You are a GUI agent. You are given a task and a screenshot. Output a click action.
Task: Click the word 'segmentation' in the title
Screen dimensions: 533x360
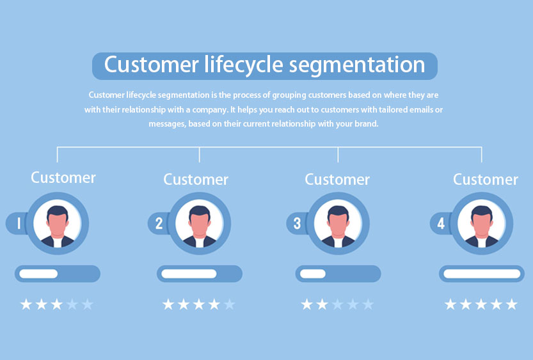[357, 66]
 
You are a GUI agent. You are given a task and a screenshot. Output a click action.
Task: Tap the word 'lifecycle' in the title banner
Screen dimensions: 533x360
[243, 65]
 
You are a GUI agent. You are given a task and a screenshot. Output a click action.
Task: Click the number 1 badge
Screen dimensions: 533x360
[19, 223]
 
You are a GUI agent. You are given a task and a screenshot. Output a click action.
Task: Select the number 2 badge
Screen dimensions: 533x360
[159, 223]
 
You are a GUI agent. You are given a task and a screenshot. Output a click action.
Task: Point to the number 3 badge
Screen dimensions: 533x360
[297, 223]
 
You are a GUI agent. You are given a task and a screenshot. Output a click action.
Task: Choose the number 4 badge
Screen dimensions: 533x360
[441, 223]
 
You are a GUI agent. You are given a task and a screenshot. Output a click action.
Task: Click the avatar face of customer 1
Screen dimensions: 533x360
[58, 223]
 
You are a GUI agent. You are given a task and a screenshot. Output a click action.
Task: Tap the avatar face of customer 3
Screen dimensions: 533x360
[338, 223]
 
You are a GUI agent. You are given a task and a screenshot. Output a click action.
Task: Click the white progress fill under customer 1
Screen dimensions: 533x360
[38, 274]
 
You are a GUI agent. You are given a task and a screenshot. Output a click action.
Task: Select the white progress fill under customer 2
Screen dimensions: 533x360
[189, 274]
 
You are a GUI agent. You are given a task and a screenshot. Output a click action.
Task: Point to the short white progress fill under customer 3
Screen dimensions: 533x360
[313, 274]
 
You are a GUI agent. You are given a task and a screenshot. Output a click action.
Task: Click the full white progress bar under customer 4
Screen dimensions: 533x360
[482, 274]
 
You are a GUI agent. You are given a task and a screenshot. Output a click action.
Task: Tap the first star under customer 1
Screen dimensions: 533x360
[26, 304]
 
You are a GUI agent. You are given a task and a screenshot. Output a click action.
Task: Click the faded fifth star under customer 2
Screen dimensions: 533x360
[230, 304]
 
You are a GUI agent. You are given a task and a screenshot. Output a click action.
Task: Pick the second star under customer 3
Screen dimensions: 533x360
[322, 304]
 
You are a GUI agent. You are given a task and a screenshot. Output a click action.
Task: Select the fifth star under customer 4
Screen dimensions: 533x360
[512, 304]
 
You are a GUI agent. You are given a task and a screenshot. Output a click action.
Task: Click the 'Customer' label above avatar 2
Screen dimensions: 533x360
[196, 179]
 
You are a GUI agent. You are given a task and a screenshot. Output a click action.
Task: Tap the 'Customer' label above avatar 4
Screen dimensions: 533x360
[486, 179]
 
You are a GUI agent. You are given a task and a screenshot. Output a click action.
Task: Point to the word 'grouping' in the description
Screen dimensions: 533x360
[289, 95]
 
